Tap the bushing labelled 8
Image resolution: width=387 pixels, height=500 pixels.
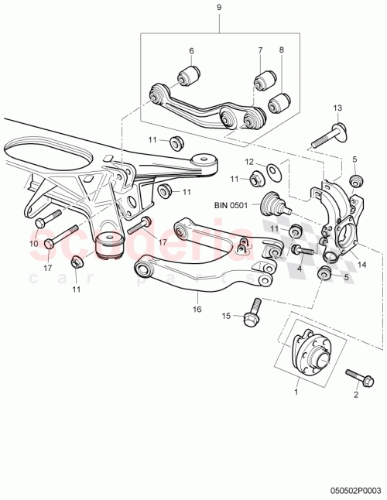tap(280, 102)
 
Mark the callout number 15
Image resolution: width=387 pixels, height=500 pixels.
tap(227, 315)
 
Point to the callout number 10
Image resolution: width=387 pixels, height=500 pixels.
tap(33, 244)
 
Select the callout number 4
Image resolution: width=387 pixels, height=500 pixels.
tap(299, 270)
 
